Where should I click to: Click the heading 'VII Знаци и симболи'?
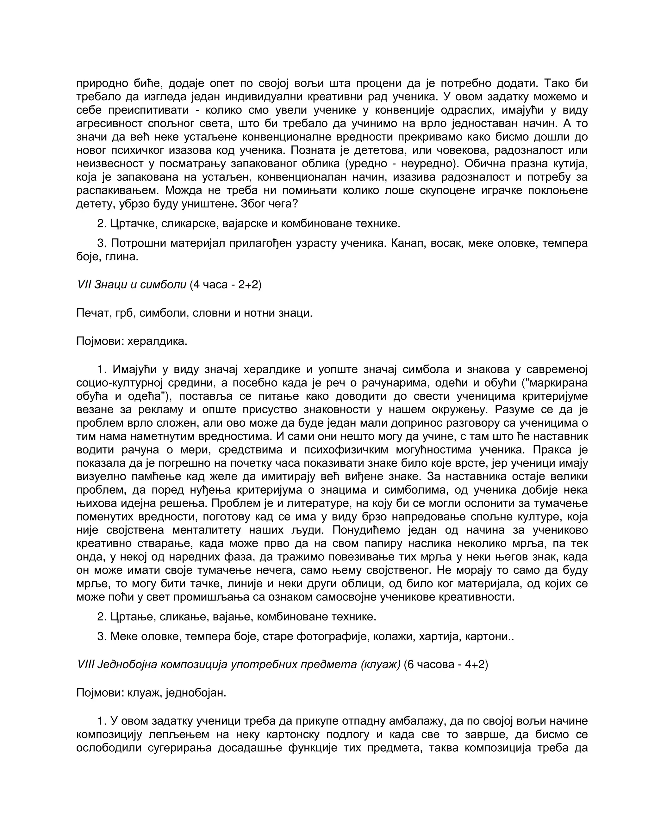coord(131,285)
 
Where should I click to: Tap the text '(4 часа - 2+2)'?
coord(225,285)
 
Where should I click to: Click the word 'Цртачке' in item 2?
coord(133,223)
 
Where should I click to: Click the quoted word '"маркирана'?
coord(556,383)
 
